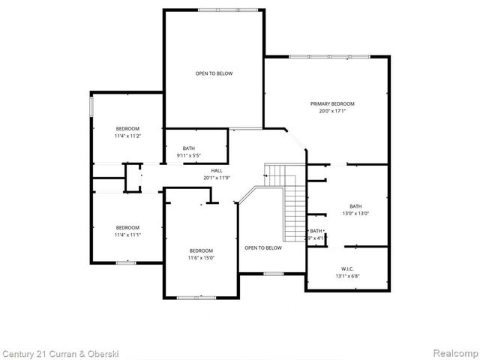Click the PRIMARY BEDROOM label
pyautogui.click(x=332, y=103)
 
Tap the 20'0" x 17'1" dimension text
pyautogui.click(x=332, y=111)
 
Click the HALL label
pyautogui.click(x=216, y=170)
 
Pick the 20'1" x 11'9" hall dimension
pyautogui.click(x=216, y=178)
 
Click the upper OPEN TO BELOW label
pyautogui.click(x=214, y=73)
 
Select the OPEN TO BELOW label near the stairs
pyautogui.click(x=263, y=247)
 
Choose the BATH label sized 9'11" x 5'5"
pyautogui.click(x=189, y=148)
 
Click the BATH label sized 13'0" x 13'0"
pyautogui.click(x=355, y=206)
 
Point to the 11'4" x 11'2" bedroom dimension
pyautogui.click(x=127, y=136)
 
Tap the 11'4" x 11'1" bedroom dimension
pyautogui.click(x=127, y=235)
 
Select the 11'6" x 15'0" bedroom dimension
pyautogui.click(x=201, y=258)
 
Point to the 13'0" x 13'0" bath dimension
pyautogui.click(x=355, y=214)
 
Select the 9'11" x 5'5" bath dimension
pyautogui.click(x=189, y=156)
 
